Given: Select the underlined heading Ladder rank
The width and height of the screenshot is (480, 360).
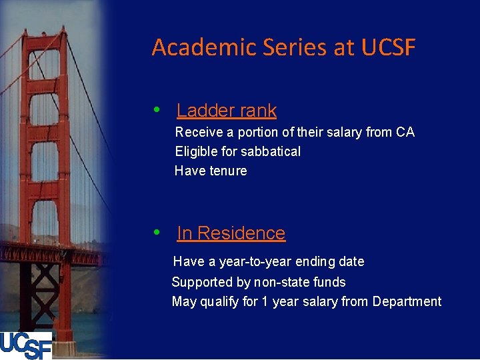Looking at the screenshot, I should [x=227, y=111].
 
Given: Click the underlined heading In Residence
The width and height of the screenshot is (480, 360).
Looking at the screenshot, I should [x=231, y=233].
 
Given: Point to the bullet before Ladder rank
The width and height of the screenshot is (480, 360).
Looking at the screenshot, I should [x=157, y=110].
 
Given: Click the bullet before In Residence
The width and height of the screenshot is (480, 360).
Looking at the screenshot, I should [x=157, y=233].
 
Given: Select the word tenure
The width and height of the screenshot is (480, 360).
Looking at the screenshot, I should [x=228, y=171].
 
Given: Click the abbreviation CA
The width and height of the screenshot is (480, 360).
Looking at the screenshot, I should [x=405, y=132].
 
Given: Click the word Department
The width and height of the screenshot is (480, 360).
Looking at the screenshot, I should [x=407, y=301].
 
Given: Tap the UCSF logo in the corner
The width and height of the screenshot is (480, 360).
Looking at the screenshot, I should [x=26, y=345].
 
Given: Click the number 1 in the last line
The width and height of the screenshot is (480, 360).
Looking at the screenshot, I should [x=265, y=301].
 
